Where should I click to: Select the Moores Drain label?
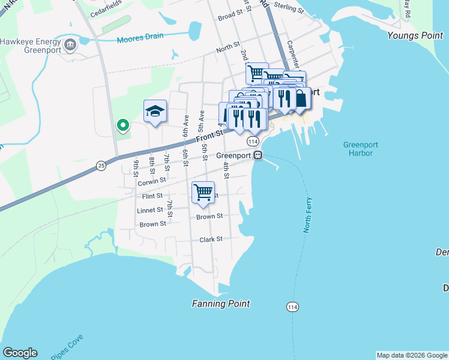tap(140, 37)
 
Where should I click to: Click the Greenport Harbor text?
tap(358, 148)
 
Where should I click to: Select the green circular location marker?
tap(123, 125)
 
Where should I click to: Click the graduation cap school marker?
tap(155, 111)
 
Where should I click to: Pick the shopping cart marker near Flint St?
tap(203, 193)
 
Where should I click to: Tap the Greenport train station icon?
tap(258, 155)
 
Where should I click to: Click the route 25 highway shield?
tap(101, 164)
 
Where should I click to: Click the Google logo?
tap(20, 353)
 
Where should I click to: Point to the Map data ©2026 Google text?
tap(412, 355)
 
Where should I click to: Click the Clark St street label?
tap(211, 239)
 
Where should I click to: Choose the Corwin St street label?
tap(151, 181)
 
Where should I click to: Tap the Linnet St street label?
tap(151, 210)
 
